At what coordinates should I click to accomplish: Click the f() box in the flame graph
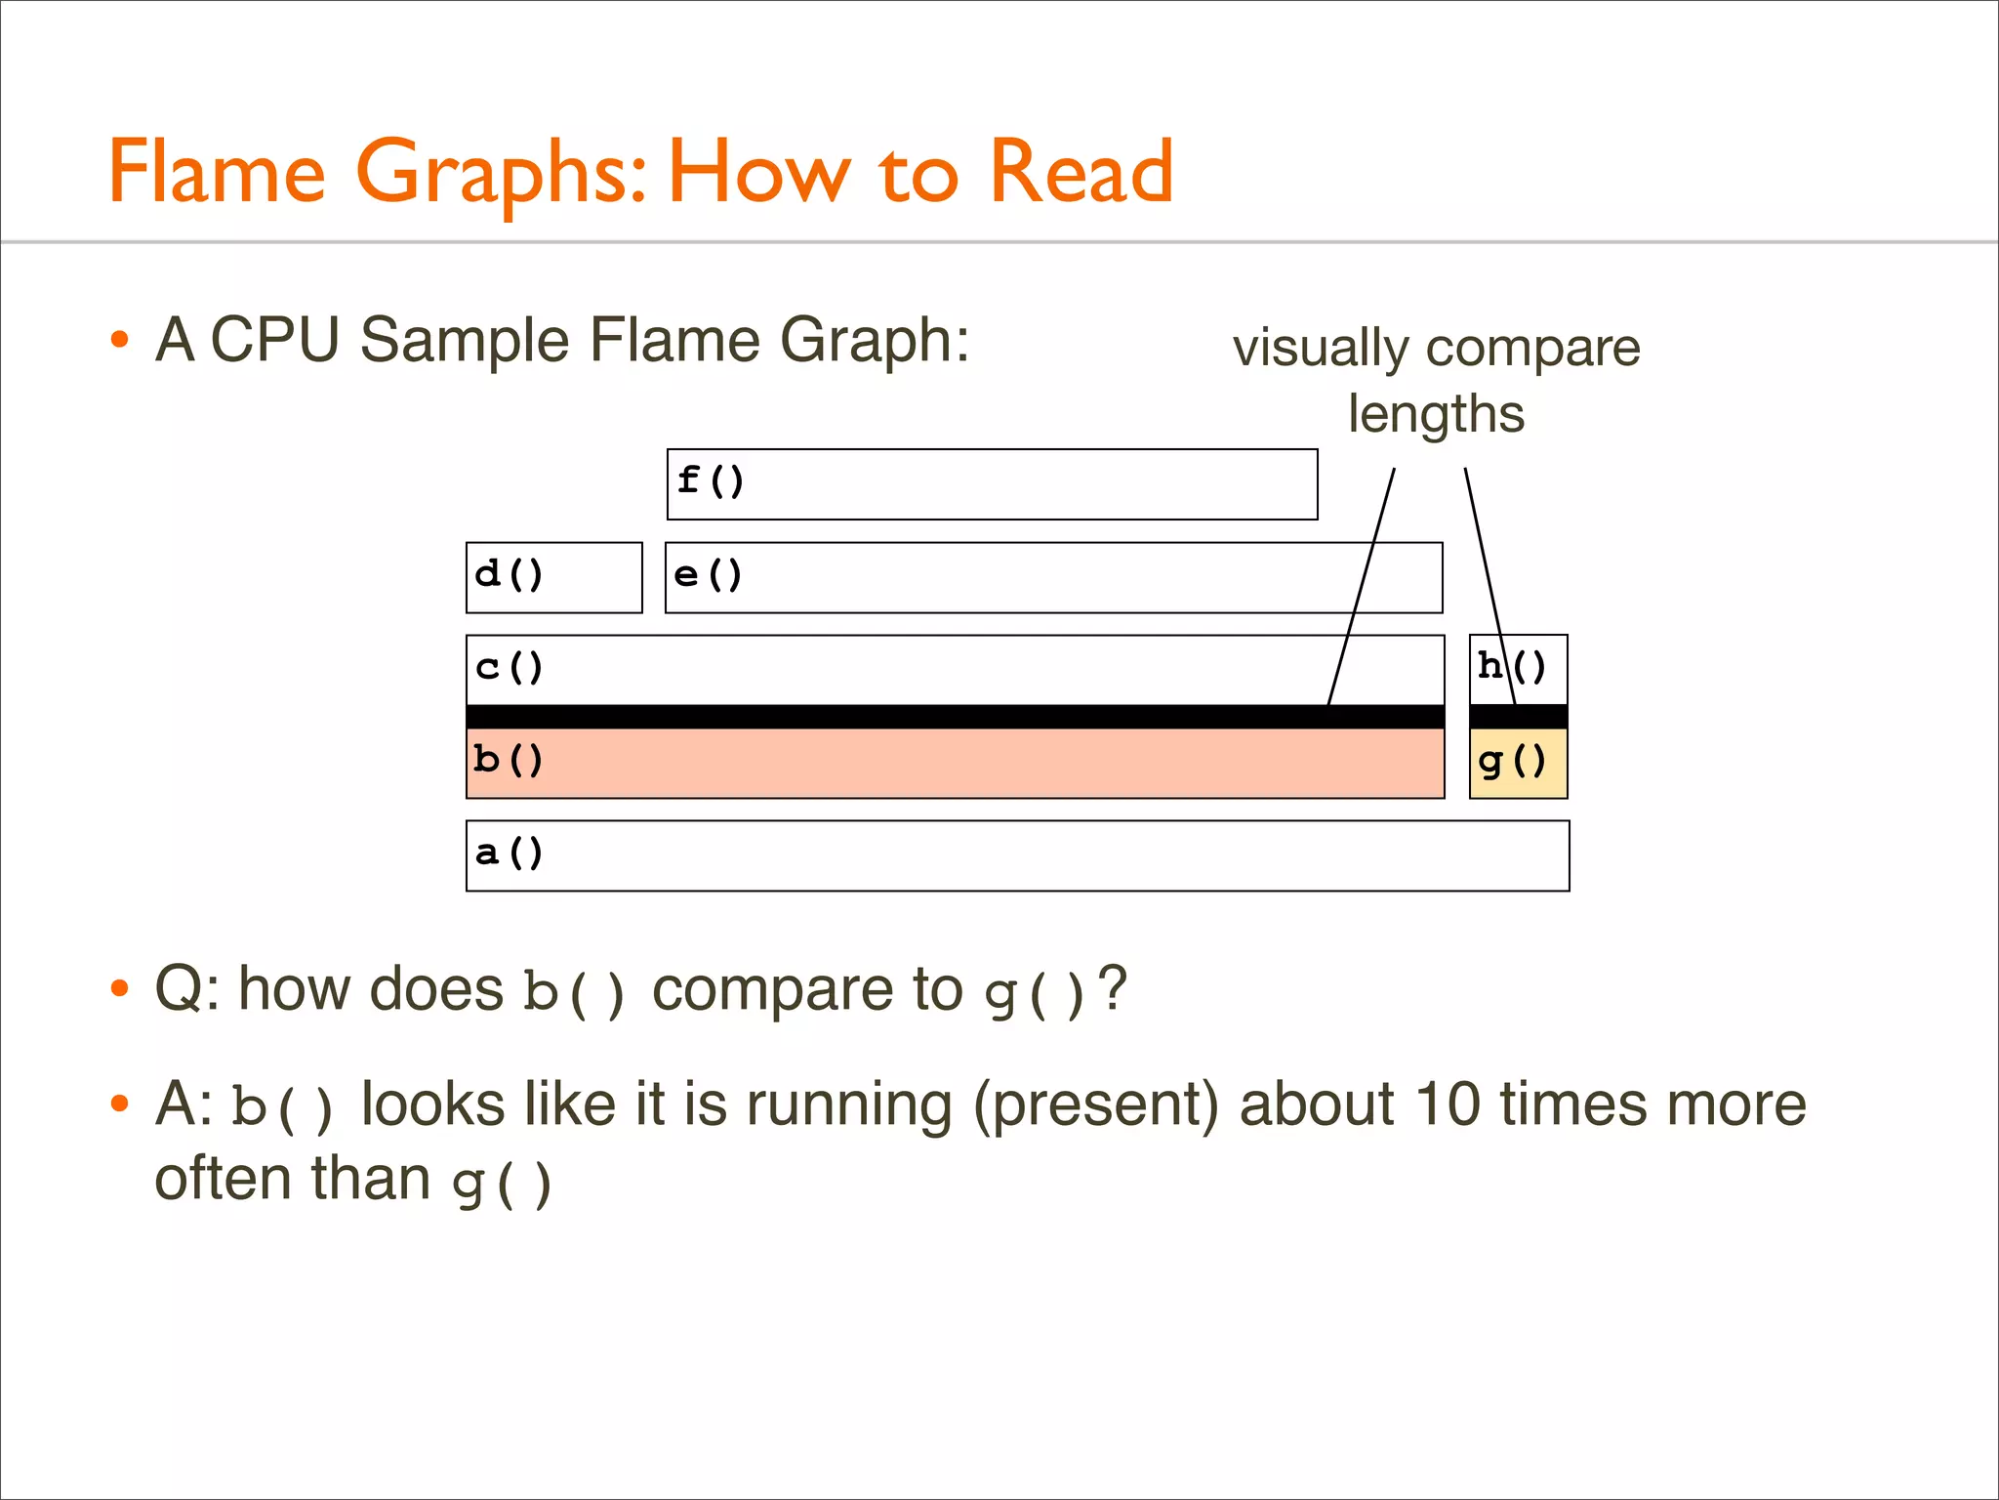pyautogui.click(x=992, y=484)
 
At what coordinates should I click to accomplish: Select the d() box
pyautogui.click(x=553, y=577)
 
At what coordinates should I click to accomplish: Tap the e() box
pyautogui.click(x=1053, y=577)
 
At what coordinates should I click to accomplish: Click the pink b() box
pyautogui.click(x=955, y=763)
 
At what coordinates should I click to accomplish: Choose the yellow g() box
pyautogui.click(x=1518, y=764)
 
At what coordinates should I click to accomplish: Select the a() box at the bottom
pyautogui.click(x=1017, y=855)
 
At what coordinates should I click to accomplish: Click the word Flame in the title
pyautogui.click(x=216, y=172)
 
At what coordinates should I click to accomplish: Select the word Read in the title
pyautogui.click(x=1081, y=172)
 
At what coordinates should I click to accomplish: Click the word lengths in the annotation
pyautogui.click(x=1435, y=414)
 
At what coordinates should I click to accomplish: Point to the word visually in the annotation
pyautogui.click(x=1321, y=349)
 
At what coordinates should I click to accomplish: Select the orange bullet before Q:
pyautogui.click(x=119, y=989)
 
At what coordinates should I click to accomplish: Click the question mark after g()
pyautogui.click(x=1113, y=987)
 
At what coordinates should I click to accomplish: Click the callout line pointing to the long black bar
pyautogui.click(x=1362, y=586)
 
